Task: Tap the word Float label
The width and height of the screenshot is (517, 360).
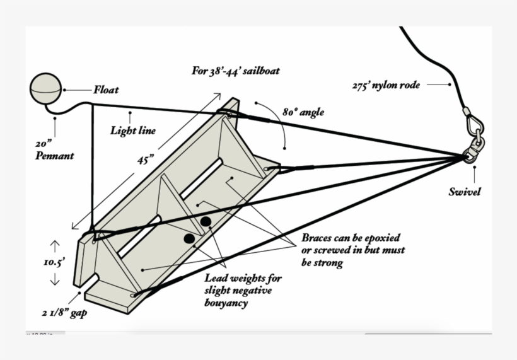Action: coord(106,90)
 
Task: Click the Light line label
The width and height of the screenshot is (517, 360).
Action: coord(132,131)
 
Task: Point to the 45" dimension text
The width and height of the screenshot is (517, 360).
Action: coord(146,160)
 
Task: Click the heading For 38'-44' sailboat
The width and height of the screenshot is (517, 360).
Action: coord(235,71)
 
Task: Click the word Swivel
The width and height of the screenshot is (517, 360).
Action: coord(464,192)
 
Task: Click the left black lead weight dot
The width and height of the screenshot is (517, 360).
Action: coord(189,239)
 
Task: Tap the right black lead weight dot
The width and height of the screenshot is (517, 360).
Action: coord(206,222)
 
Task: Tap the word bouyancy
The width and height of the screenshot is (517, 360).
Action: coord(226,303)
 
